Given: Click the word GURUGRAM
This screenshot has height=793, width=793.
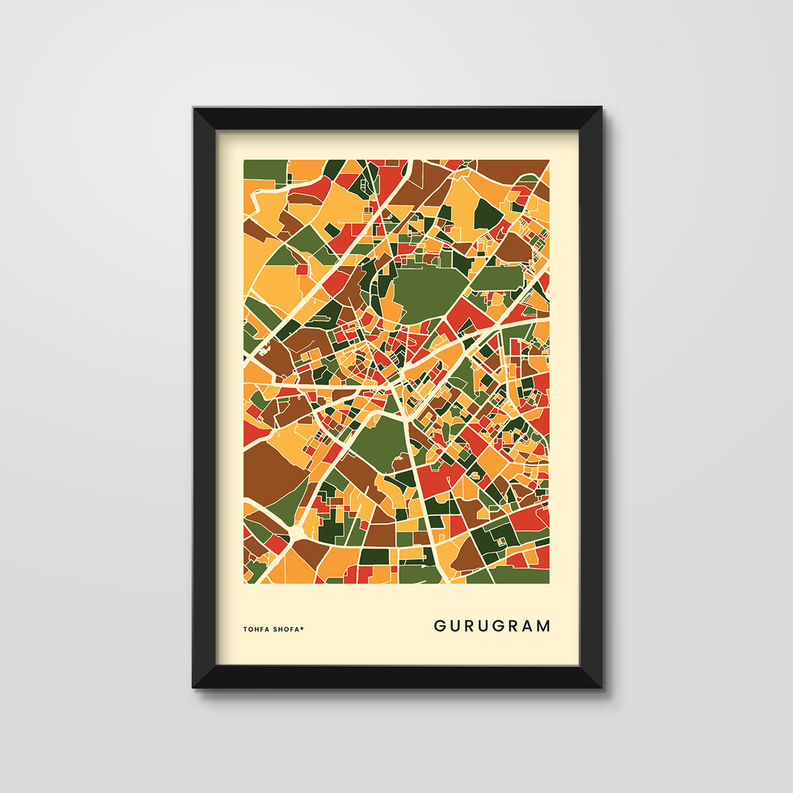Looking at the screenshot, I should [492, 626].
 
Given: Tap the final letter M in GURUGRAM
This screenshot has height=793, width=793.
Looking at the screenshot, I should [543, 626].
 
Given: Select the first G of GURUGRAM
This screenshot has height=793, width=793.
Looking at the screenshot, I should [439, 626].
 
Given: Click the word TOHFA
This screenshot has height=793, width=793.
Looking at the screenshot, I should [257, 630].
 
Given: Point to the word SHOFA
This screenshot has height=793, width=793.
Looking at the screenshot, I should [287, 630].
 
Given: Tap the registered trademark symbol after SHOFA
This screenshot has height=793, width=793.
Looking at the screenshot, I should [303, 628].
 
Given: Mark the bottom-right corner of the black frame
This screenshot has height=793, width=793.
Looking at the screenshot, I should [601, 687].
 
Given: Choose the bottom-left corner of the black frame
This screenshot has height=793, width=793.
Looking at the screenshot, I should [194, 687].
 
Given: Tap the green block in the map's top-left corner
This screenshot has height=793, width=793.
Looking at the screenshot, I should [264, 170].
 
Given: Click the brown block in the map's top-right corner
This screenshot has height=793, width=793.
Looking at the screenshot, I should [512, 168].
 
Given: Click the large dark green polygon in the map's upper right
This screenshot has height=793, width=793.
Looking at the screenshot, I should [488, 213].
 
